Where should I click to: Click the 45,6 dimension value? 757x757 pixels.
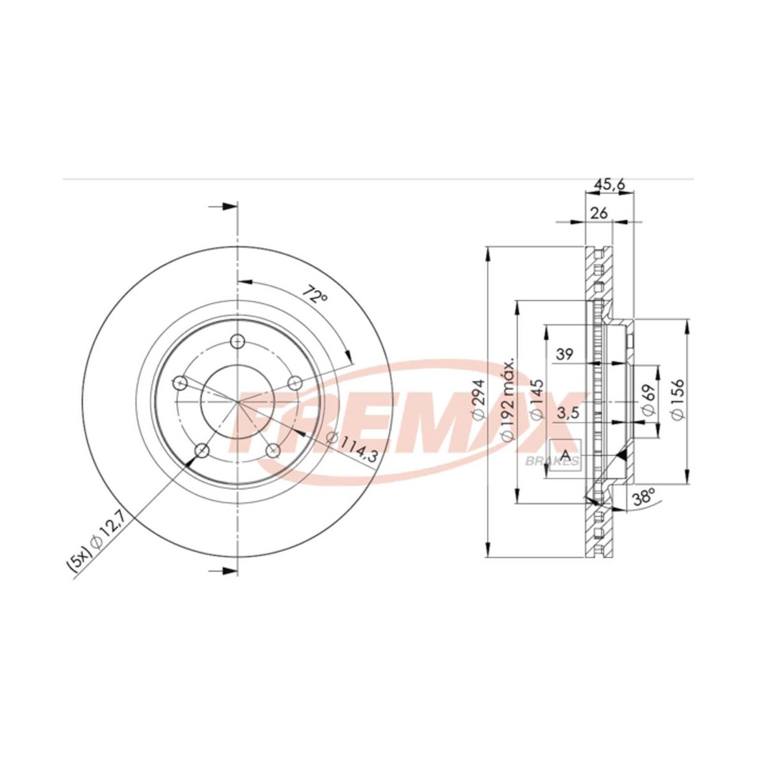[610, 185]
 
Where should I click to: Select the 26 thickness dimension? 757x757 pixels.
[599, 213]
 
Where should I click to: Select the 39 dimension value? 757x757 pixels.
[564, 355]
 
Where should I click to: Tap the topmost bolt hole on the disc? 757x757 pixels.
[237, 341]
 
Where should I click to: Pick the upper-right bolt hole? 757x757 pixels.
[294, 382]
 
